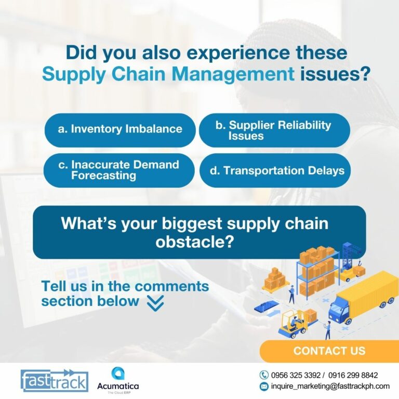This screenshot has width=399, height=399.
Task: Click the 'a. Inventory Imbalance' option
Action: [120, 130]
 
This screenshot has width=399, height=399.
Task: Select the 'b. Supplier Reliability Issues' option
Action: [274, 130]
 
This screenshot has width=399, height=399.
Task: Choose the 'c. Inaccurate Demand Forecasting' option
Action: [119, 170]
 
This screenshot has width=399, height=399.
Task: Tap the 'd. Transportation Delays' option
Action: [275, 170]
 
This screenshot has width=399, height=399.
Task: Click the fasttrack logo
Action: [55, 381]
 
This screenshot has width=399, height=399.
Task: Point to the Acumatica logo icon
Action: [118, 374]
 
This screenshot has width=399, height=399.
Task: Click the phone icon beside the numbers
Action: [264, 375]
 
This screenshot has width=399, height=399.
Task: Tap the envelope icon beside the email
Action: [264, 387]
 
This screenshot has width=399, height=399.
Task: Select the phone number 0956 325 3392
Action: [296, 375]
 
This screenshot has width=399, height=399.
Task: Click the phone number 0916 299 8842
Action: [353, 375]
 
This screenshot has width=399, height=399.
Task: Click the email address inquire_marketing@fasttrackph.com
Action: [330, 387]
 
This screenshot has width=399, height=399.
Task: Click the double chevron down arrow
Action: [155, 303]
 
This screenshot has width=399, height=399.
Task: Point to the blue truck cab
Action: [339, 310]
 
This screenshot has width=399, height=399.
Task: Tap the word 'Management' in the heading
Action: [233, 74]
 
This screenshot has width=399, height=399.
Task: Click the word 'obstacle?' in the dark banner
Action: [195, 242]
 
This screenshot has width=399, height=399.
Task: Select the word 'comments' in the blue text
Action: [171, 286]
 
